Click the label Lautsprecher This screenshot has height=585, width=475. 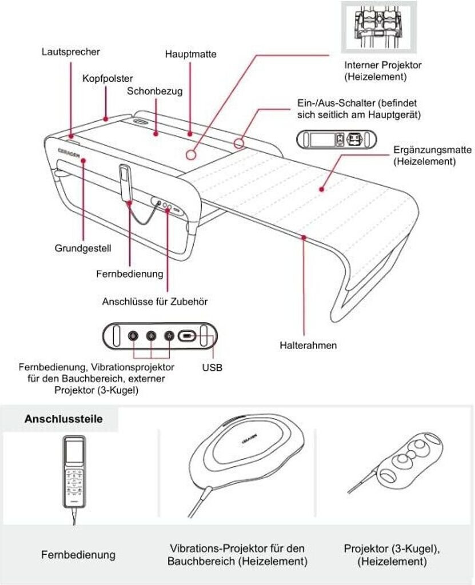[71, 51]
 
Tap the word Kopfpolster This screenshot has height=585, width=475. [107, 78]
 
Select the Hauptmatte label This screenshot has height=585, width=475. [191, 54]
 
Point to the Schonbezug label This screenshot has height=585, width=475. [154, 91]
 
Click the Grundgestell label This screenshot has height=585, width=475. [83, 249]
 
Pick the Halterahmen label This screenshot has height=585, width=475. [308, 346]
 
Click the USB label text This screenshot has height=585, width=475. [212, 368]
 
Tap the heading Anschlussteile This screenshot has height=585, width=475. [63, 419]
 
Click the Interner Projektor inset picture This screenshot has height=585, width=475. [378, 27]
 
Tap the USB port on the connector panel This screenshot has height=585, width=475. [187, 336]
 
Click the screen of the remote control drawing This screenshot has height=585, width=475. [73, 452]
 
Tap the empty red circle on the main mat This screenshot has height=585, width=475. [190, 154]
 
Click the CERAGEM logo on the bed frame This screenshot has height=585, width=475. [69, 152]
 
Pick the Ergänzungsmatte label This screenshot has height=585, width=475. [433, 155]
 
